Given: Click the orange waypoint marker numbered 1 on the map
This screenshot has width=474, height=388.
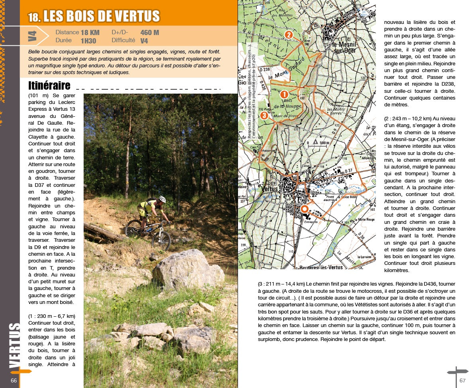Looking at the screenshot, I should click(284, 94).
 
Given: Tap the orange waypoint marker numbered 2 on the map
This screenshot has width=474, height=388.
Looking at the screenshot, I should click(289, 35).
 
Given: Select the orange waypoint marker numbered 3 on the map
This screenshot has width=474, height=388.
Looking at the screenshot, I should click(264, 116).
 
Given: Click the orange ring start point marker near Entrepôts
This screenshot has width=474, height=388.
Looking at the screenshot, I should click(304, 208).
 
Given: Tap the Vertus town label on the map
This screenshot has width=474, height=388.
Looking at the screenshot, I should click(271, 189).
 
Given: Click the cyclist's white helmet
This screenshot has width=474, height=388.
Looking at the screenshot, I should click(162, 199).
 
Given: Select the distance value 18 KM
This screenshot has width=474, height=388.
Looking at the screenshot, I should click(90, 33).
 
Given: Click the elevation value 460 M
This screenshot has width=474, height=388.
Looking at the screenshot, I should click(149, 33).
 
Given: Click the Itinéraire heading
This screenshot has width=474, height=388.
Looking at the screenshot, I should click(49, 86).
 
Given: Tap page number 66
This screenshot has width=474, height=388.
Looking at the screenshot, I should click(14, 380).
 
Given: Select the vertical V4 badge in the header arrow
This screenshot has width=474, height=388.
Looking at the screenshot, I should click(33, 36).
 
